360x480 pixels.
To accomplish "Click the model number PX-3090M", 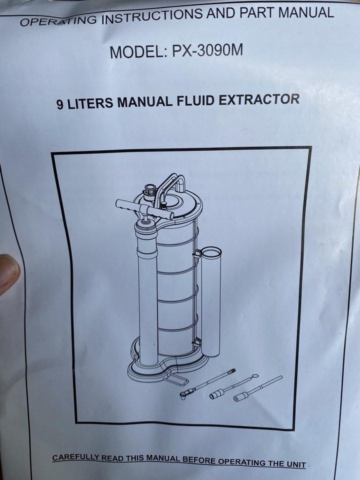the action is coord(207,50).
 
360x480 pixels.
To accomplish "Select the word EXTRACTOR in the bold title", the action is coord(259,99).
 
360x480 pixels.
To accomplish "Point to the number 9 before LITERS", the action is coord(59,104).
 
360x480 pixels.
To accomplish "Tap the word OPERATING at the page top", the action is coord(59,21).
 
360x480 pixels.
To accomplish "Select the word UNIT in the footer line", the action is coord(295,464).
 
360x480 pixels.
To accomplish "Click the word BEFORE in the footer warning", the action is coord(199,460).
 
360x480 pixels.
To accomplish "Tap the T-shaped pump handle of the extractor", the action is coord(144,209).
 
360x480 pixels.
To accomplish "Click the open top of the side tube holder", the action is coord(210,253).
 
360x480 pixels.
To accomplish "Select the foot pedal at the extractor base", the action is coord(177,380).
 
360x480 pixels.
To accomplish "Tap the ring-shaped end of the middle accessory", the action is coord(254,376).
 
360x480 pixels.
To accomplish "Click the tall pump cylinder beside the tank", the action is coord(147,294).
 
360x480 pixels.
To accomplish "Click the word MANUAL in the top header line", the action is coord(306,13).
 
